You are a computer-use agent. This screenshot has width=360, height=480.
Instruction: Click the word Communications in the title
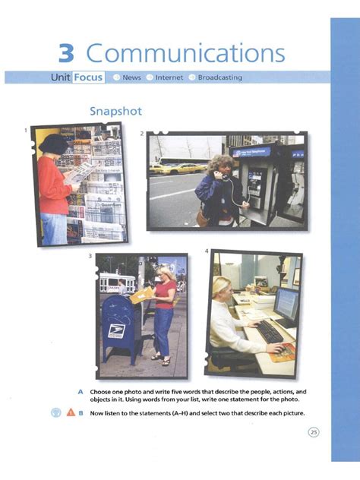tap(186, 53)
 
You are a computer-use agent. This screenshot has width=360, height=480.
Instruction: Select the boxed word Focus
tap(88, 77)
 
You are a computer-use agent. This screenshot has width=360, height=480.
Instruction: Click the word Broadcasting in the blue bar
tap(220, 77)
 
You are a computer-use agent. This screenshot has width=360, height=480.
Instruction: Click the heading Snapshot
tap(115, 111)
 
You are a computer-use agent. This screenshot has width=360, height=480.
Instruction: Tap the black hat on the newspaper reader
tap(53, 143)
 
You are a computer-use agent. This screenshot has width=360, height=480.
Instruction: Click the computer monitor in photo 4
tap(286, 305)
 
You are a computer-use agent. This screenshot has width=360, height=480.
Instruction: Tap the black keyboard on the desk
tap(269, 331)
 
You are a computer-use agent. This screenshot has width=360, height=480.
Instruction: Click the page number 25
tap(314, 432)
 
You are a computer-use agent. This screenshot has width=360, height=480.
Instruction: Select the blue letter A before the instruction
tap(80, 391)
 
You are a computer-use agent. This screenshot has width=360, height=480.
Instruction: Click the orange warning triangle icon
tap(68, 413)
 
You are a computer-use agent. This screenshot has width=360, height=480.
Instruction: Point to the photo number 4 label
tap(206, 251)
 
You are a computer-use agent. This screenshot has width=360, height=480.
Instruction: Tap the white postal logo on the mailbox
tap(117, 331)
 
